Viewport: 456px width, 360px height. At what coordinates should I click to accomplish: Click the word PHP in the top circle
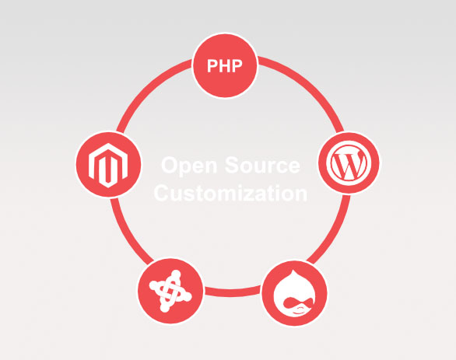coord(225,66)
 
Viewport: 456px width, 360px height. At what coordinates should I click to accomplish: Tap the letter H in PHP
coord(225,66)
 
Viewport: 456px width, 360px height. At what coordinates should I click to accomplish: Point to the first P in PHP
coord(212,66)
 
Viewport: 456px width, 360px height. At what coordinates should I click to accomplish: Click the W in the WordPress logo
coord(349,163)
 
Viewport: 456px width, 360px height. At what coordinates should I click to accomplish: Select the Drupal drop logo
coord(294,293)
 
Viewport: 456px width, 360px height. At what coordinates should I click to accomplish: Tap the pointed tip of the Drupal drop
coord(293,271)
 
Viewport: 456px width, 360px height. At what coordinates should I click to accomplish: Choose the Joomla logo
coord(170,291)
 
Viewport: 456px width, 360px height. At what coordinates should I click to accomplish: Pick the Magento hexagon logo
coord(108,165)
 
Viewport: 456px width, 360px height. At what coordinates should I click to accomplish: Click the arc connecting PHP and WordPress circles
coord(309,84)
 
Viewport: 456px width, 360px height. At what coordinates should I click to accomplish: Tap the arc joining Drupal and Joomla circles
coord(232,293)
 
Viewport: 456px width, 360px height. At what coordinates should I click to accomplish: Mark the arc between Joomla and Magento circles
coord(127,233)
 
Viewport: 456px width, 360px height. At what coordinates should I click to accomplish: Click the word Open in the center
coord(189,165)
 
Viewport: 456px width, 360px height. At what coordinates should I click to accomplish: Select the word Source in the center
coord(262,165)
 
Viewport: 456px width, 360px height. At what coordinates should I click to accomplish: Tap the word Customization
coord(230,193)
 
